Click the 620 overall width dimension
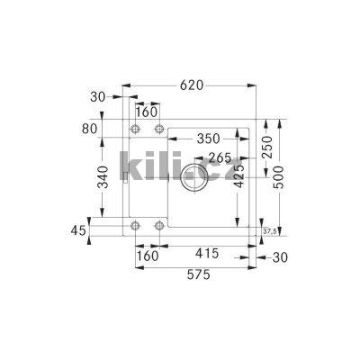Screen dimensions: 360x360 click(x=190, y=85)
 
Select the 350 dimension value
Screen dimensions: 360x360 click(x=209, y=139)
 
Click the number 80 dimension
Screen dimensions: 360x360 click(x=88, y=128)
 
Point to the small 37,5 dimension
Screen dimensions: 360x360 click(x=268, y=231)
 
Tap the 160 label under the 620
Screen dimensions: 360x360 click(x=148, y=112)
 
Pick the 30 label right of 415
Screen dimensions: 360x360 click(x=280, y=257)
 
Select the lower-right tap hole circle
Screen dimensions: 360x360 click(x=159, y=225)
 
